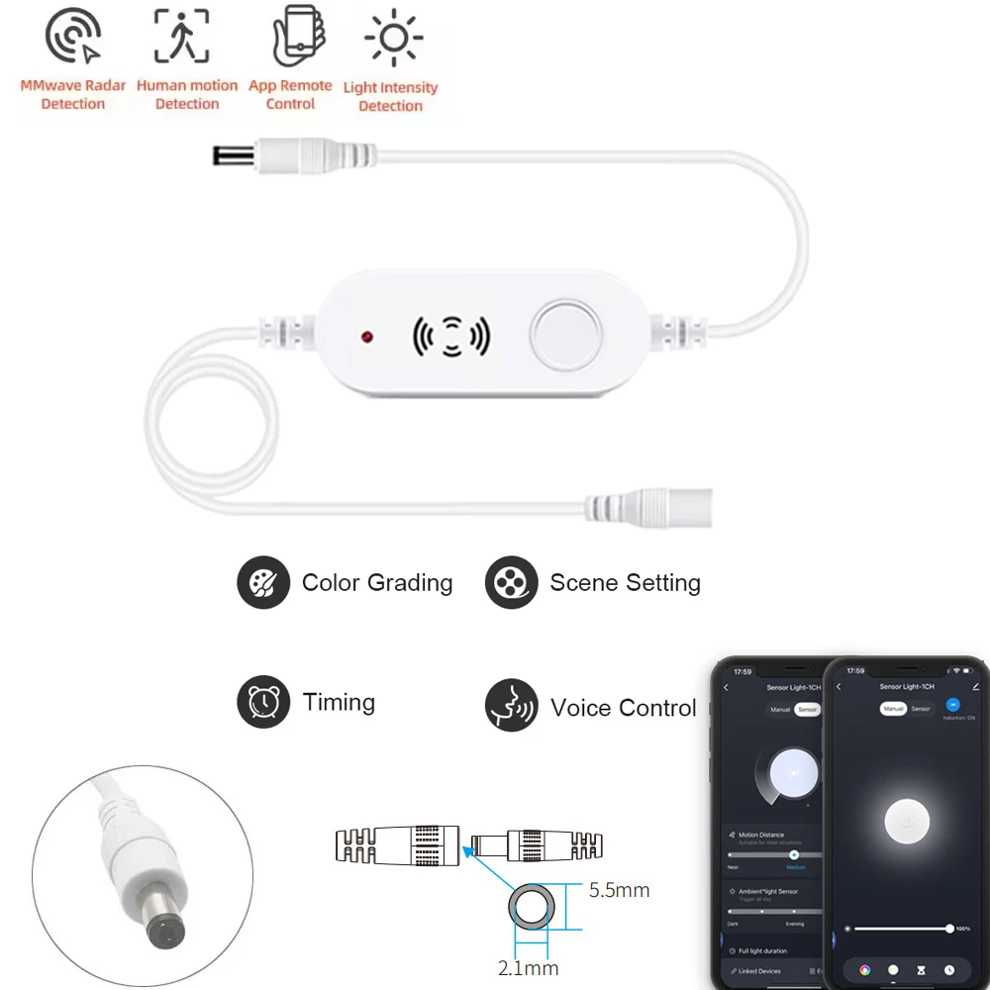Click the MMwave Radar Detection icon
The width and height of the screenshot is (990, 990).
pyautogui.click(x=72, y=39)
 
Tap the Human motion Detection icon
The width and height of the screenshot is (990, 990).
pyautogui.click(x=182, y=39)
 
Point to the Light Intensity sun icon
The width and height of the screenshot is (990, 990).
pyautogui.click(x=393, y=39)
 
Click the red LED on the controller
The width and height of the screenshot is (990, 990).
pyautogui.click(x=368, y=338)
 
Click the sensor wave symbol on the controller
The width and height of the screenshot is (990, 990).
pyautogui.click(x=450, y=337)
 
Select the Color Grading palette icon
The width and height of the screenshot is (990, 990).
pyautogui.click(x=263, y=583)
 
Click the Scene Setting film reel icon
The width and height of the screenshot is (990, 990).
pyautogui.click(x=511, y=583)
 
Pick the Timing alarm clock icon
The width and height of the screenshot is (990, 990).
pyautogui.click(x=263, y=703)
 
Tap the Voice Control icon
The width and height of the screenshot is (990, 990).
pyautogui.click(x=511, y=706)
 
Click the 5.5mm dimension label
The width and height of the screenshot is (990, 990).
pyautogui.click(x=619, y=890)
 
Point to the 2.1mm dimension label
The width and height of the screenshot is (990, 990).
pyautogui.click(x=529, y=967)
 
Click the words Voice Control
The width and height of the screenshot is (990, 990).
pyautogui.click(x=624, y=708)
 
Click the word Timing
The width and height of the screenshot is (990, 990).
pyautogui.click(x=339, y=703)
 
